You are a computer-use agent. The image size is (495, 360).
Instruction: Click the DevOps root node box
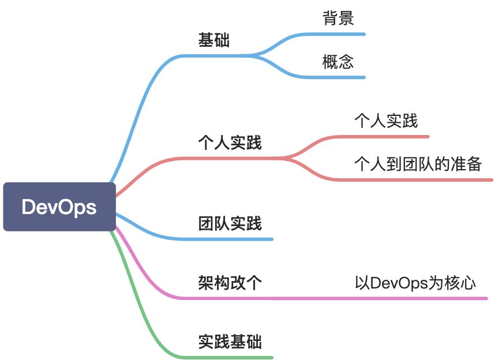coord(59,207)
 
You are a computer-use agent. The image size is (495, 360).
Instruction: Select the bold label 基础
coord(214,40)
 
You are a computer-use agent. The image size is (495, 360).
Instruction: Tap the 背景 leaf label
coord(338,18)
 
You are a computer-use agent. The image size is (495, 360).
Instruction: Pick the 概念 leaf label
coord(338,62)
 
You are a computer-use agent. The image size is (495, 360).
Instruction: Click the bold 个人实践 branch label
coord(230,142)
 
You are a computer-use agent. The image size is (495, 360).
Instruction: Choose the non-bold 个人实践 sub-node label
coord(386,121)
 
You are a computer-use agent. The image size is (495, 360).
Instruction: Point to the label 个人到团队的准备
coord(418,164)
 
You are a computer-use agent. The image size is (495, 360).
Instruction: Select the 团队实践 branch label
coord(230,223)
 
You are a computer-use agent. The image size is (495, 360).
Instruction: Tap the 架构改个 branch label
coord(230,283)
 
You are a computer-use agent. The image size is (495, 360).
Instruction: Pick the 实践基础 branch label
coord(230,342)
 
